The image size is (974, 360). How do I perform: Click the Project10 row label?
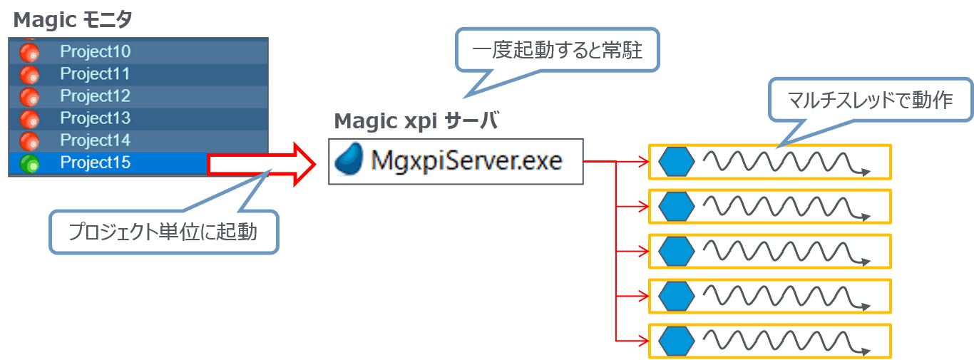click(x=95, y=51)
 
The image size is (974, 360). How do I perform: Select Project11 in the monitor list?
click(x=95, y=73)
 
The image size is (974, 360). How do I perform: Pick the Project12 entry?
click(x=95, y=96)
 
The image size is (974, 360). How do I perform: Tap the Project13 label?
click(x=95, y=118)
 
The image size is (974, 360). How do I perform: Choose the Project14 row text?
click(x=95, y=140)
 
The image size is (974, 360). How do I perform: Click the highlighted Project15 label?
click(x=95, y=163)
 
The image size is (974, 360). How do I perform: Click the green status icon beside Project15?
click(x=30, y=163)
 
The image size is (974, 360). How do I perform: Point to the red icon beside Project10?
click(x=30, y=52)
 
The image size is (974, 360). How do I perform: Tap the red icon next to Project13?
click(x=30, y=118)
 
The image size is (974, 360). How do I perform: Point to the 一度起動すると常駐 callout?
click(x=558, y=51)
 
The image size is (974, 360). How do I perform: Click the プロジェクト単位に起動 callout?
click(x=163, y=231)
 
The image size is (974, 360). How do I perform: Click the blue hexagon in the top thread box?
click(x=675, y=162)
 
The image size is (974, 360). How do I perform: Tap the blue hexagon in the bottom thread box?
click(x=675, y=341)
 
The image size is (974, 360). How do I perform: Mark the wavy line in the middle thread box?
click(x=784, y=252)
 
